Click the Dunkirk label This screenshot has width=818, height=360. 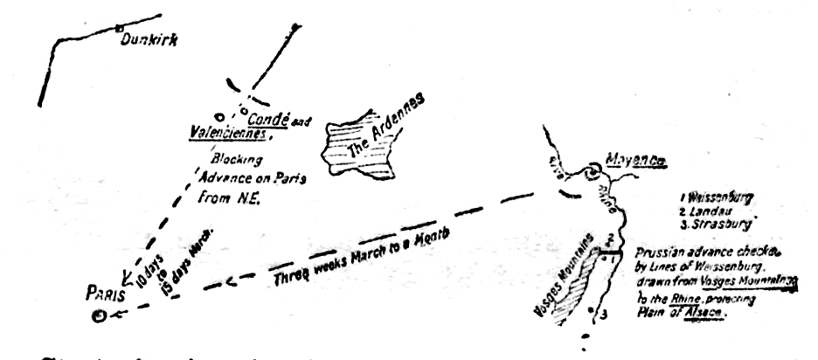[x=143, y=39]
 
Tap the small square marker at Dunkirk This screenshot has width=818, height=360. [x=119, y=28]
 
